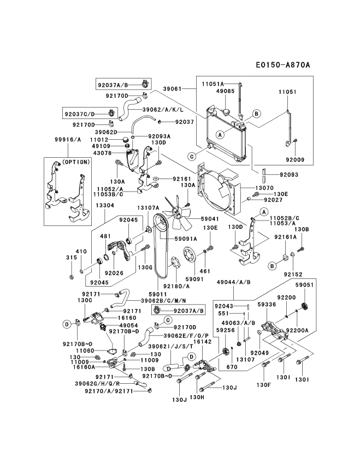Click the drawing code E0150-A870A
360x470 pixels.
pos(282,65)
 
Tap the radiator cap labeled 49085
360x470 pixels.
pos(226,112)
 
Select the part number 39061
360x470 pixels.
pos(173,89)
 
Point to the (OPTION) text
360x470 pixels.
pos(75,162)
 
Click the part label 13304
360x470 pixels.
pos(105,206)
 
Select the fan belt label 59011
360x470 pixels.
pos(157,295)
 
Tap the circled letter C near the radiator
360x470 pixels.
pos(192,156)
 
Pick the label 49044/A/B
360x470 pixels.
pos(233,282)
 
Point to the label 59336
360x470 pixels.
pos(267,305)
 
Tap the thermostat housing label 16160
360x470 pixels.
pos(127,318)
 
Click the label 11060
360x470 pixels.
pos(85,350)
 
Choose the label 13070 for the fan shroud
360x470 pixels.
pos(264,188)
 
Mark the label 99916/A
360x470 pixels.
pos(68,139)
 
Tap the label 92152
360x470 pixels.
pos(293,274)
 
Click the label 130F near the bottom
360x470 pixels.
pos(264,385)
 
